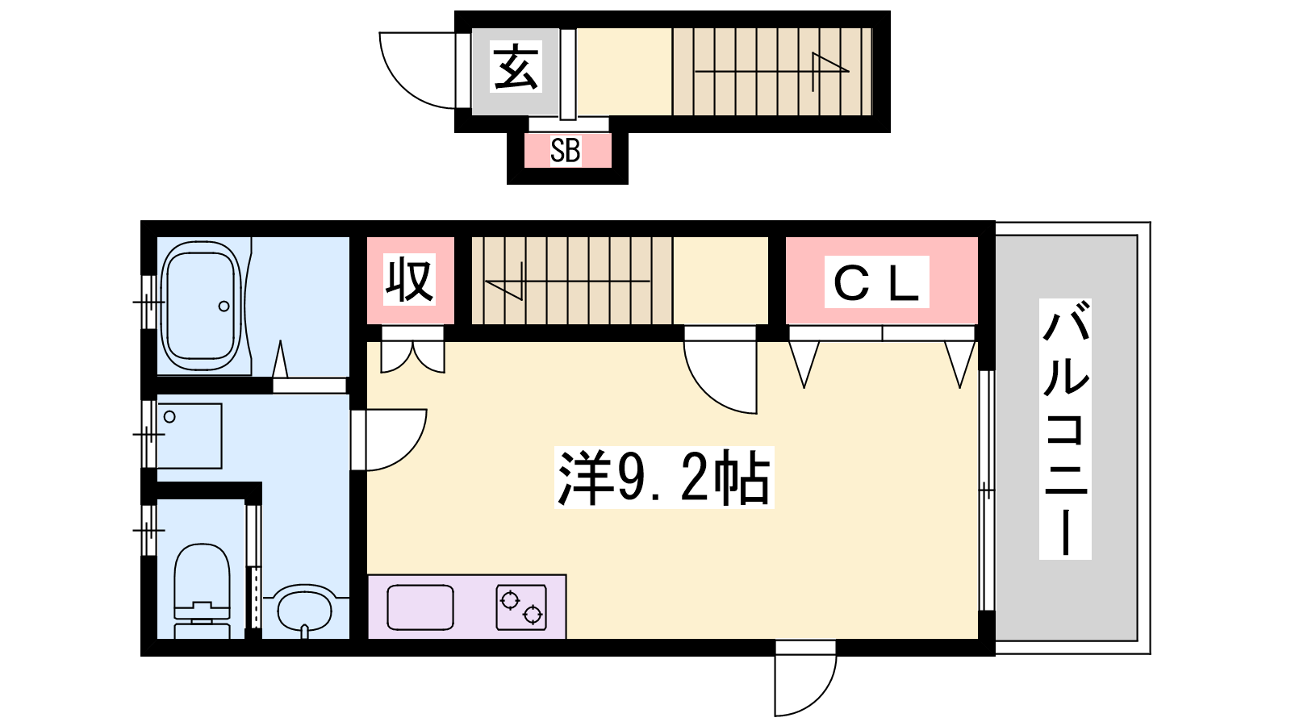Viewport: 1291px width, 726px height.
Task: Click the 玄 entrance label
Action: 516,67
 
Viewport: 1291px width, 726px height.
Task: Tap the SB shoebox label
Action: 565,150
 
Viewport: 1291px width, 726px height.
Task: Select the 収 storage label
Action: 409,280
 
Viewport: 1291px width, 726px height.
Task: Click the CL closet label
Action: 876,282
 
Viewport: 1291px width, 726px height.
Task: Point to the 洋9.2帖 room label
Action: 664,477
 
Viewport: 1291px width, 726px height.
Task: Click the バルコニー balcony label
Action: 1065,428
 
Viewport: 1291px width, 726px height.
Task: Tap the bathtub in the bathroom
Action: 202,306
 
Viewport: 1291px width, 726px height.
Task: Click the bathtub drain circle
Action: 224,307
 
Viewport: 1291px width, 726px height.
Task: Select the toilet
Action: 202,591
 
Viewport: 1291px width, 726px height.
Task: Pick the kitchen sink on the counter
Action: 420,607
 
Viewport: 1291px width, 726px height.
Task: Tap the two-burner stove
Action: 521,607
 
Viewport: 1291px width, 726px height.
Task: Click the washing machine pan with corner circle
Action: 189,436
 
